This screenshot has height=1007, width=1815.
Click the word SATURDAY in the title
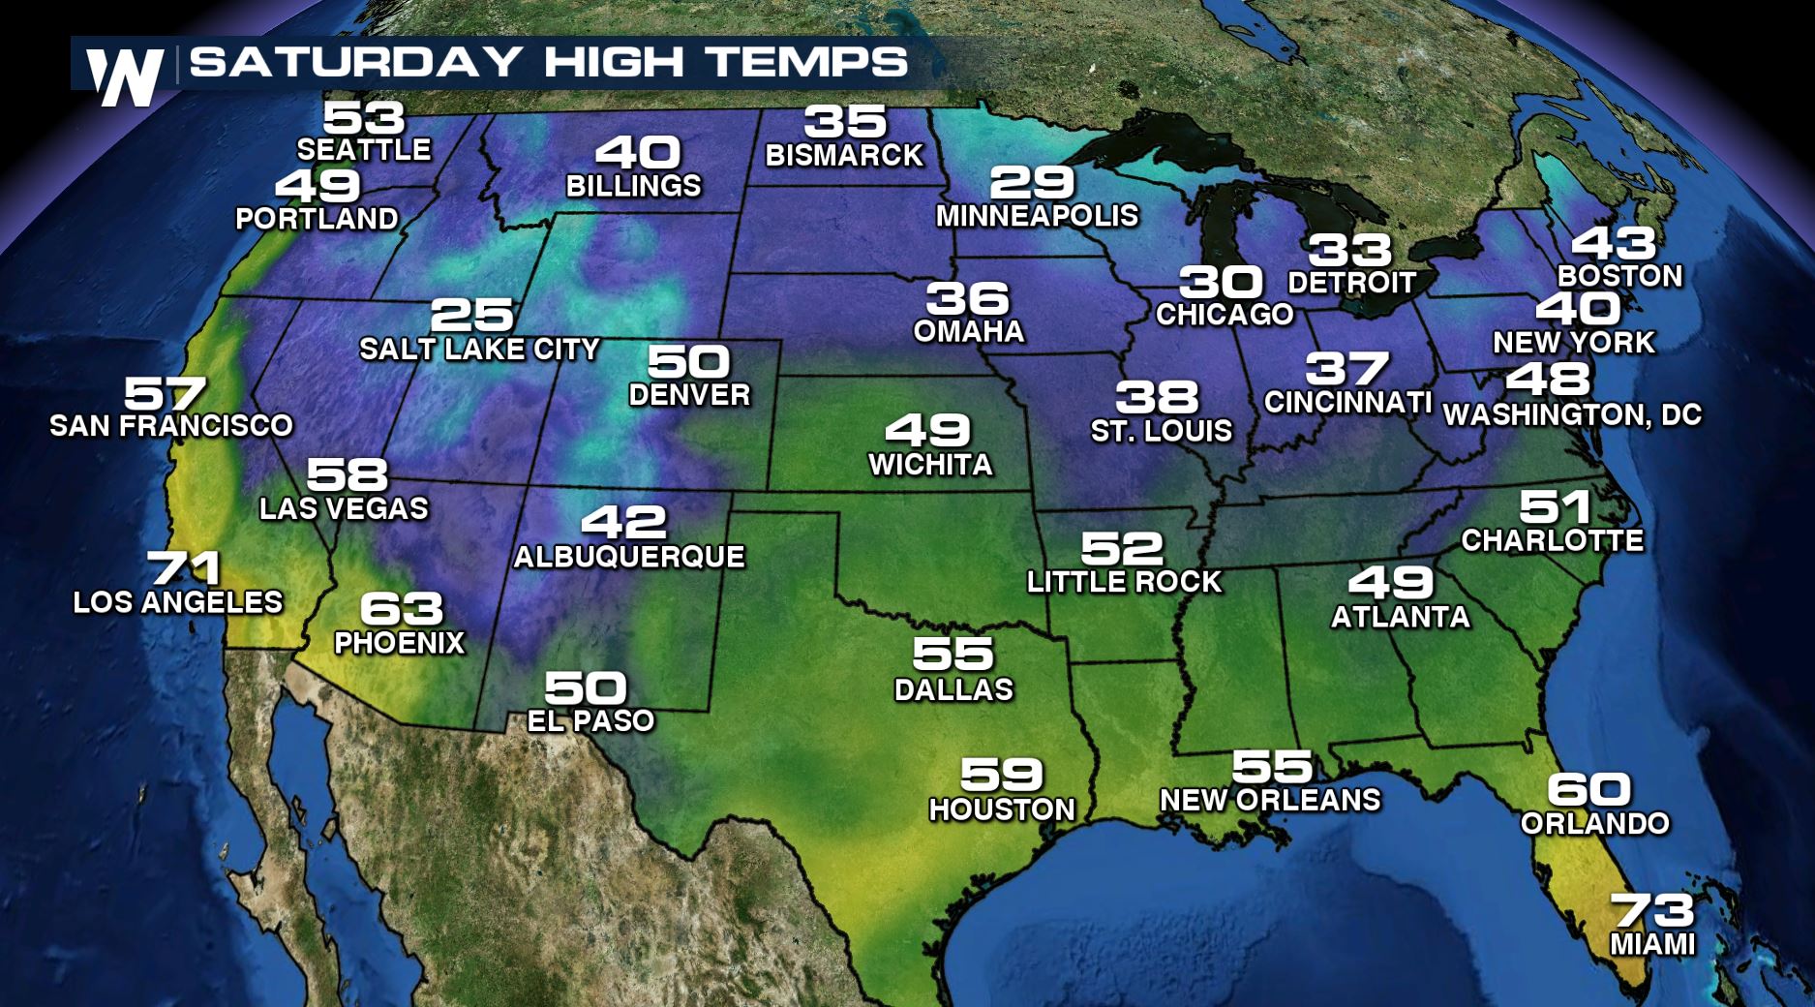coord(356,62)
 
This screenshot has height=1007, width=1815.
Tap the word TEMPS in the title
coord(807,62)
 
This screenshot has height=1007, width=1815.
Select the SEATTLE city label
coord(364,150)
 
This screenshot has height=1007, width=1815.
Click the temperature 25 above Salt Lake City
coord(471,315)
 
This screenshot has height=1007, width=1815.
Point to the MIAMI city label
coord(1652,944)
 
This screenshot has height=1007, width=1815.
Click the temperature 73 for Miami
coord(1652,911)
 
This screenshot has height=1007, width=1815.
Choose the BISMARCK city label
coord(844,155)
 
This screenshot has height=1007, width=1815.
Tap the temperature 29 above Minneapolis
coord(1032,182)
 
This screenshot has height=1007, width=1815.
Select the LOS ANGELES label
coord(178,602)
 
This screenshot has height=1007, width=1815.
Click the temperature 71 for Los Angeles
coord(184,568)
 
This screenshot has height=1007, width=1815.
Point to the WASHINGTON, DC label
coord(1572,414)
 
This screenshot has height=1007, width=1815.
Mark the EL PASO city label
coord(590,720)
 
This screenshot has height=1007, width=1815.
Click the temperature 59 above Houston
coord(1001,775)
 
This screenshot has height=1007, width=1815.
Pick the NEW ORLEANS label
coord(1270,800)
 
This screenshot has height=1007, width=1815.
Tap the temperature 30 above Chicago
coord(1221,283)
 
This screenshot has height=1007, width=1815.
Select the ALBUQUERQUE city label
coord(629,557)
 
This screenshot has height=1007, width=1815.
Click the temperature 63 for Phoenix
coord(401,609)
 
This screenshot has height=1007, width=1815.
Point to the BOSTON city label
coord(1619,276)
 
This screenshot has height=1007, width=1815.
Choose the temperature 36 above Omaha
coord(967,298)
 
